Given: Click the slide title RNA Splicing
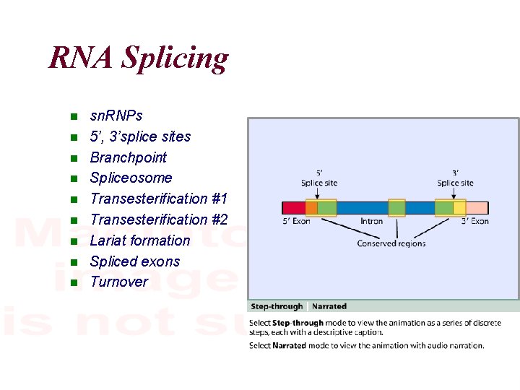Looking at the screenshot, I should tap(138, 58).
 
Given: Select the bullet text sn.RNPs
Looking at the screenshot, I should tap(116, 116).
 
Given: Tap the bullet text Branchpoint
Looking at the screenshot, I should tap(128, 157).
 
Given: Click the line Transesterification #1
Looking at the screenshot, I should tap(158, 199).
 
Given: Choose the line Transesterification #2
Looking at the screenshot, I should tap(158, 220).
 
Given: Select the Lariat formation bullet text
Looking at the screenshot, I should tap(139, 240).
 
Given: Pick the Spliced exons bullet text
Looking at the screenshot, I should tap(134, 261).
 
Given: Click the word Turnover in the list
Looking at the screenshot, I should tap(118, 282).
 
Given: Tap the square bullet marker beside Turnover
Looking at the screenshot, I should tap(73, 282).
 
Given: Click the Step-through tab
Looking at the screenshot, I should tap(277, 307).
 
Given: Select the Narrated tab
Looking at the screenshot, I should tap(329, 307).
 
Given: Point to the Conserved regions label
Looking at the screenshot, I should tap(391, 243).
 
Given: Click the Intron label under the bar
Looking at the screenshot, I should tap(371, 221).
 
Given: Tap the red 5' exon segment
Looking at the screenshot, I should tap(293, 208).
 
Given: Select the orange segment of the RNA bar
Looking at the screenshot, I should tap(311, 208).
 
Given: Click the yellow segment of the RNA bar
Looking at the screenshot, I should tap(459, 208).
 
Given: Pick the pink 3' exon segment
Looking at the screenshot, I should tap(477, 208).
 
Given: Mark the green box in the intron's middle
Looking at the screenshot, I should tap(396, 208).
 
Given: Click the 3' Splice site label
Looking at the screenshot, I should tap(455, 178).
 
